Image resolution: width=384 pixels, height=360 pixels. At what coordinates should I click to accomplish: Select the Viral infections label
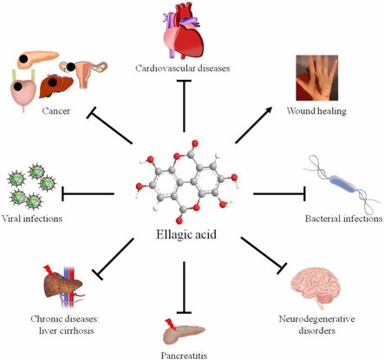tap(31, 219)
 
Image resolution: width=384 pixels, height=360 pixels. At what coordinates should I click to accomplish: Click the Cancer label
tap(38, 113)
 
